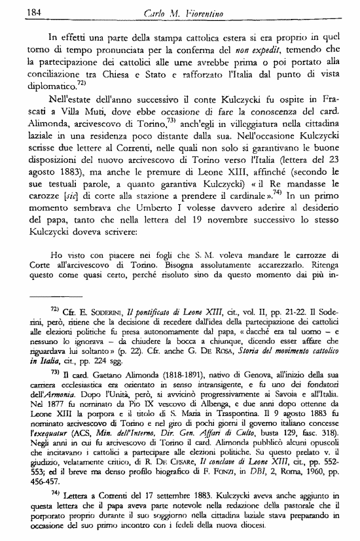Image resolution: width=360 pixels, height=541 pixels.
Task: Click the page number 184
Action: (x=27, y=12)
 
